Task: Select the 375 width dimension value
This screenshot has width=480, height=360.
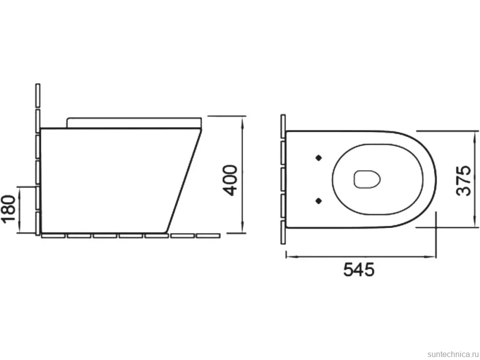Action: click(464, 180)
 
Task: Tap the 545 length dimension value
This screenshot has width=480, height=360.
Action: click(359, 270)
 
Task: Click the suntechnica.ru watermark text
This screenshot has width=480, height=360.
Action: click(453, 354)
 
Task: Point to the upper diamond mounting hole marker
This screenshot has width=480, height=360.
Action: click(319, 158)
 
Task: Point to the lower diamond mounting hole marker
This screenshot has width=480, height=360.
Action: click(319, 201)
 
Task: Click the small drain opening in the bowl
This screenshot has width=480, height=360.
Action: click(367, 179)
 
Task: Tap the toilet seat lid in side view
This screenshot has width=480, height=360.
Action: click(134, 122)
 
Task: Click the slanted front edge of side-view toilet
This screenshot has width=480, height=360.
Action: click(184, 180)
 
